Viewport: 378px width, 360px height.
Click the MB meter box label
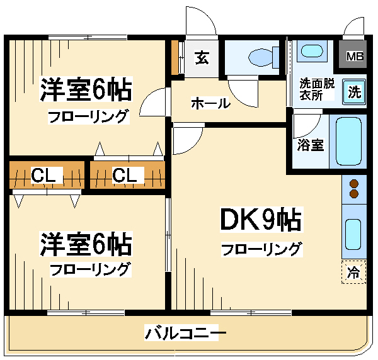pos(355,57)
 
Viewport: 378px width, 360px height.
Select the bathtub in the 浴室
pos(348,142)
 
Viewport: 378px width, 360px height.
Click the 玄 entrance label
pos(202,57)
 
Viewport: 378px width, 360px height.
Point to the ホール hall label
pos(210,103)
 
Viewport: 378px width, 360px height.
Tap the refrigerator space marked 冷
pos(353,273)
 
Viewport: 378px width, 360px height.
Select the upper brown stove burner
pos(353,184)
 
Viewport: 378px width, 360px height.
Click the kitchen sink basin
pos(353,234)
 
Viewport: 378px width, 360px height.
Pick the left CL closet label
pos(43,175)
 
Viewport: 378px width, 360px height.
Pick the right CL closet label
pos(125,175)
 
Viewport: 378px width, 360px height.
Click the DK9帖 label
pos(261,220)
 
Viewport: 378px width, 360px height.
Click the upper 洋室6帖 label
pos(86,89)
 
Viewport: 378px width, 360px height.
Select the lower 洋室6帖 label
pos(86,244)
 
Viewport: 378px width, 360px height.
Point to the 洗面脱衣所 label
pos(316,89)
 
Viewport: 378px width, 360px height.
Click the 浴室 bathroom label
pos(310,145)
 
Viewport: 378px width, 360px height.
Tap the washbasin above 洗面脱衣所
pos(312,51)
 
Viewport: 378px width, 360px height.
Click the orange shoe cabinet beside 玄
pos(175,57)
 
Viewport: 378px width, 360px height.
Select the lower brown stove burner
pos(353,193)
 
